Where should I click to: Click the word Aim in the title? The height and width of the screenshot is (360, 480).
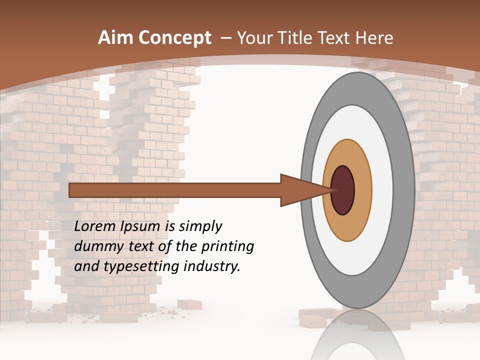(115, 38)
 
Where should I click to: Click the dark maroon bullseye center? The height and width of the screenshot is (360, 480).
(342, 190)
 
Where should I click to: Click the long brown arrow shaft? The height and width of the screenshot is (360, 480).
(175, 190)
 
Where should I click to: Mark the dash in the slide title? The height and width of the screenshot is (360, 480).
(225, 38)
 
